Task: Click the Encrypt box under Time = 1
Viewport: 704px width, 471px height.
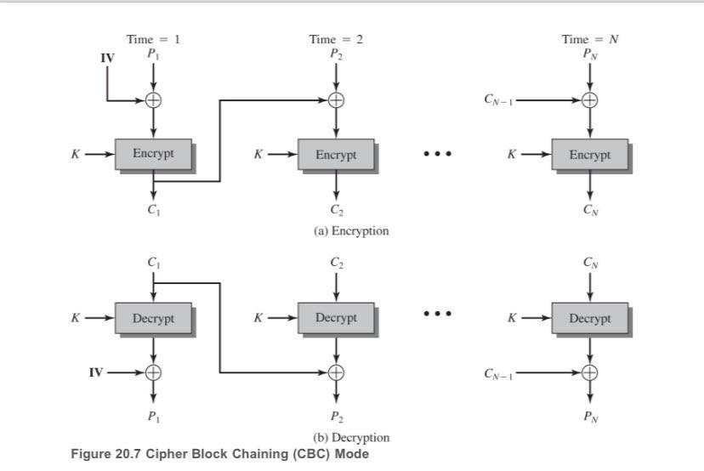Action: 153,154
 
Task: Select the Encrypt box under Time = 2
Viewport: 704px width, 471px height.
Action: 336,155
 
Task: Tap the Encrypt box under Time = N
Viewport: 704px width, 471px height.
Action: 589,155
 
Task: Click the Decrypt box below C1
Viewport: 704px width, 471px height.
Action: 153,318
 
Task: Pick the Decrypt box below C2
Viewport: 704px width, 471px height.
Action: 336,318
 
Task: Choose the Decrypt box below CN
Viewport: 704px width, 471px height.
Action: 589,318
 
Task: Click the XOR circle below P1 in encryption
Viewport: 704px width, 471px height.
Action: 154,100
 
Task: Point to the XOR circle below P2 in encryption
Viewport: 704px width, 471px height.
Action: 337,100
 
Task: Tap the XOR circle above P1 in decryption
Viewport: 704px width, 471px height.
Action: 154,372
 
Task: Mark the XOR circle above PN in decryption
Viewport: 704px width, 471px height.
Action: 590,372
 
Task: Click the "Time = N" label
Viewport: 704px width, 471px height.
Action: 589,39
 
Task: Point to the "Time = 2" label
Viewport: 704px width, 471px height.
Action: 336,39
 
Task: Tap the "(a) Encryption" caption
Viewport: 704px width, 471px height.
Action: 351,230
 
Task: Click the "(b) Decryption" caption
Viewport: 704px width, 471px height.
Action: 351,437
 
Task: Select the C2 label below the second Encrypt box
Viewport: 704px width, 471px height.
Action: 337,210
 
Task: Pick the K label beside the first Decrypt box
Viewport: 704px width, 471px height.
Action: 76,318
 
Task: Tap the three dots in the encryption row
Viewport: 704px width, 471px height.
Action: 438,154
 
